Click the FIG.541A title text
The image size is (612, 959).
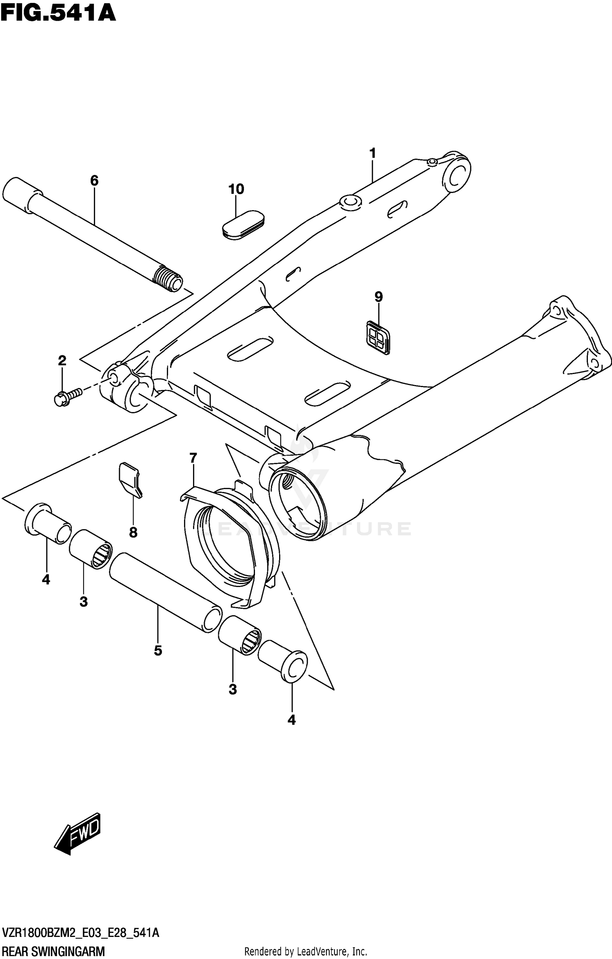58,13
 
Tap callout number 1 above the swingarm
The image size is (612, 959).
372,154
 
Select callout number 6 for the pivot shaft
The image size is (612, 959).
94,180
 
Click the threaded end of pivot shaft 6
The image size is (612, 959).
168,278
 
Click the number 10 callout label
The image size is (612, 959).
236,189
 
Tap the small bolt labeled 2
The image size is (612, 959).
67,396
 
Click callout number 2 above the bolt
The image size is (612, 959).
62,361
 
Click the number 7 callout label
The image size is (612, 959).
193,458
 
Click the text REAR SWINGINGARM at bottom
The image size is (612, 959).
53,951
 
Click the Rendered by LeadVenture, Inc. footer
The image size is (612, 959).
305,952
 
